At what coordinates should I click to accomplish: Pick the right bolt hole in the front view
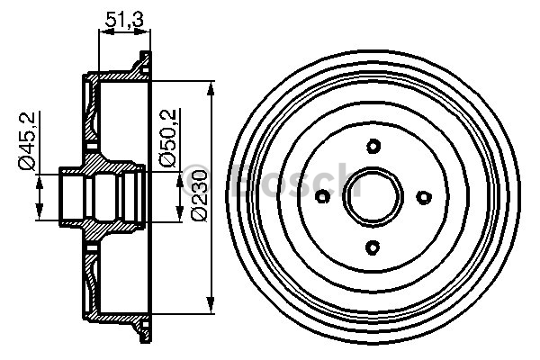425,197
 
